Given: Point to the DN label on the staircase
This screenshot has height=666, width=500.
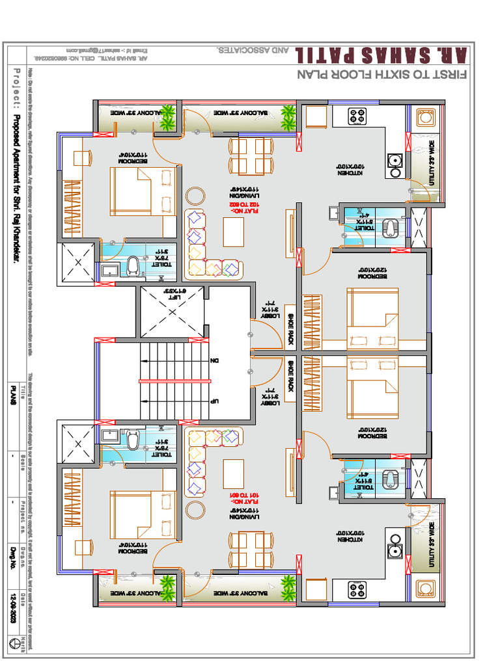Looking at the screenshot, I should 214,360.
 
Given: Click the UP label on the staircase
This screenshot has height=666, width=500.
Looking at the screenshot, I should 214,401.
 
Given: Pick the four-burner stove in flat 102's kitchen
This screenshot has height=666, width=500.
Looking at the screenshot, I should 356,116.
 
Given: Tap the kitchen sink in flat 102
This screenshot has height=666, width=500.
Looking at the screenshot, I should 394,161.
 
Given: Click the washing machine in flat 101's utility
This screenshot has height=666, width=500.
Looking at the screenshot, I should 425,589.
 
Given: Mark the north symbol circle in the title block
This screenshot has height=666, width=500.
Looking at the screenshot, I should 12,642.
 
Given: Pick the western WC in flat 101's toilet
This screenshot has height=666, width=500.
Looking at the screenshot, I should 133,441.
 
